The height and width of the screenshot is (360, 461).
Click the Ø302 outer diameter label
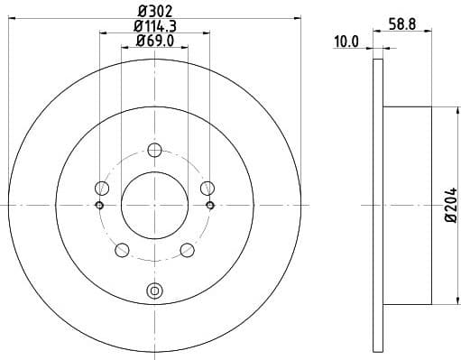click(154, 12)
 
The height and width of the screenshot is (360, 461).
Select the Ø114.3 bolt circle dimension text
click(154, 26)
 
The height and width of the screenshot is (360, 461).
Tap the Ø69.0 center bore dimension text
click(154, 41)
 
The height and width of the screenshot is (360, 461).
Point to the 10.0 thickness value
click(346, 42)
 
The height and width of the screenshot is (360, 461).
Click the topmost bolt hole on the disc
click(154, 150)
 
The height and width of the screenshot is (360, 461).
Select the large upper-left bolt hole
click(102, 188)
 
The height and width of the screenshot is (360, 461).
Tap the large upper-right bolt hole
click(207, 188)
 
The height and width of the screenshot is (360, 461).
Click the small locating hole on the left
click(98, 206)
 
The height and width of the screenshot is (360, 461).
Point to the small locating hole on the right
click(210, 206)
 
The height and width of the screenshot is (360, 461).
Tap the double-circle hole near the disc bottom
click(154, 291)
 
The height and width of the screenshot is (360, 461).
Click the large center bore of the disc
click(154, 205)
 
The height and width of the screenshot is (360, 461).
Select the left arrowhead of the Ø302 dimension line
click(13, 19)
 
